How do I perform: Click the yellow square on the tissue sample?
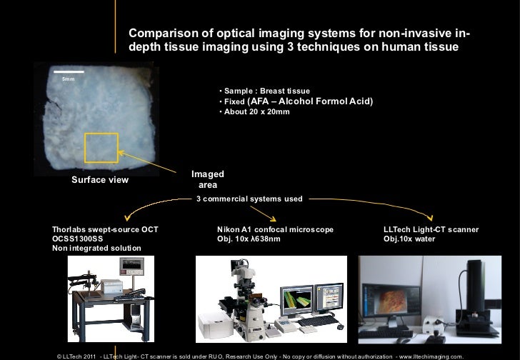[x=101, y=148]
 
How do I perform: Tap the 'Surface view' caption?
[x=100, y=180]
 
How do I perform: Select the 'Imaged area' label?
[x=208, y=180]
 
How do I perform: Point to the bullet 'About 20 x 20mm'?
[x=254, y=113]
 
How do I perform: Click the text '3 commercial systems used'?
[x=249, y=199]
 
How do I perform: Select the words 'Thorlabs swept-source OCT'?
[x=106, y=229]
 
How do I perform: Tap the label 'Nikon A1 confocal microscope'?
[x=275, y=229]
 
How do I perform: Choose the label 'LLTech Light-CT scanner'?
[x=431, y=229]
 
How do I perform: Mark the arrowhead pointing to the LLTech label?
[x=431, y=219]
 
